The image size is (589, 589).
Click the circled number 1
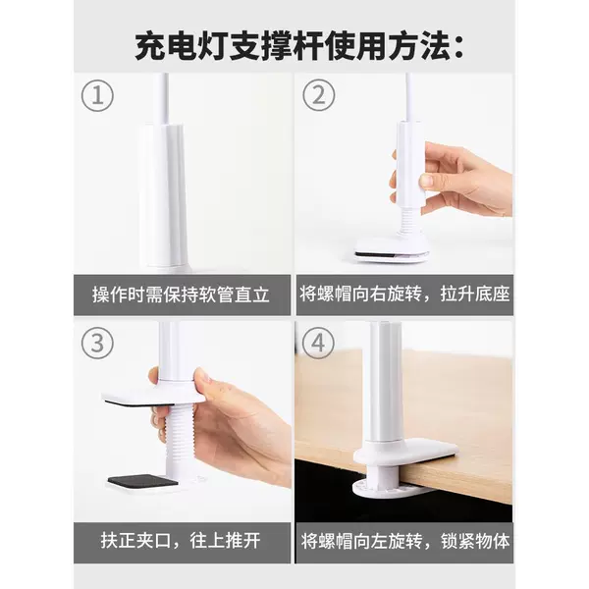97,95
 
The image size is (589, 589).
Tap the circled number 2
318,95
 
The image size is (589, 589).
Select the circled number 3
97,343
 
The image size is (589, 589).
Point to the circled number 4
318,343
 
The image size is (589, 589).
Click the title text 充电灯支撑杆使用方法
293,47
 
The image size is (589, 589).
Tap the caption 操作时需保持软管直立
181,294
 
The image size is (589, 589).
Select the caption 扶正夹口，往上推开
181,541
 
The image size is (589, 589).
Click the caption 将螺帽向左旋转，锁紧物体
404,541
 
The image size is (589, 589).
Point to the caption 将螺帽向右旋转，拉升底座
404,294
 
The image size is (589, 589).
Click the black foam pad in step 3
142,480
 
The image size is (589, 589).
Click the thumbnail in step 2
426,181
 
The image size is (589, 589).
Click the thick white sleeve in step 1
163,195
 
